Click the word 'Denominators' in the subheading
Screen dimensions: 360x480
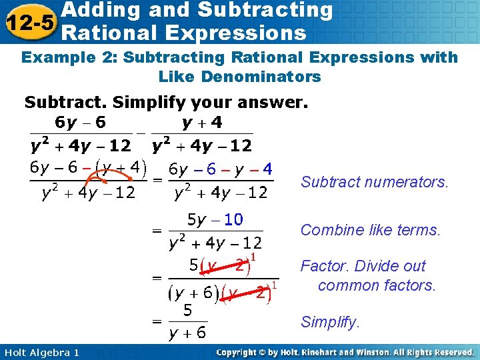(x=240, y=77)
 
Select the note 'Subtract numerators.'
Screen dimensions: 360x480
(x=375, y=182)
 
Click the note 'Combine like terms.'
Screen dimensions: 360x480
(x=371, y=231)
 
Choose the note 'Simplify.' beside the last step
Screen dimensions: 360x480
(x=330, y=323)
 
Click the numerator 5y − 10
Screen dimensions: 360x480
(x=215, y=219)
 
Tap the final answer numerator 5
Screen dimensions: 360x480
(x=188, y=310)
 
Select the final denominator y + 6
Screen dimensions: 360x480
(x=187, y=332)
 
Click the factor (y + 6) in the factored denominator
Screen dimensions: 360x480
(x=191, y=293)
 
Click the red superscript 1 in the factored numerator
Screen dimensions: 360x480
(x=255, y=256)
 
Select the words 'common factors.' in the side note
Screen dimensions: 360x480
(x=377, y=285)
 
